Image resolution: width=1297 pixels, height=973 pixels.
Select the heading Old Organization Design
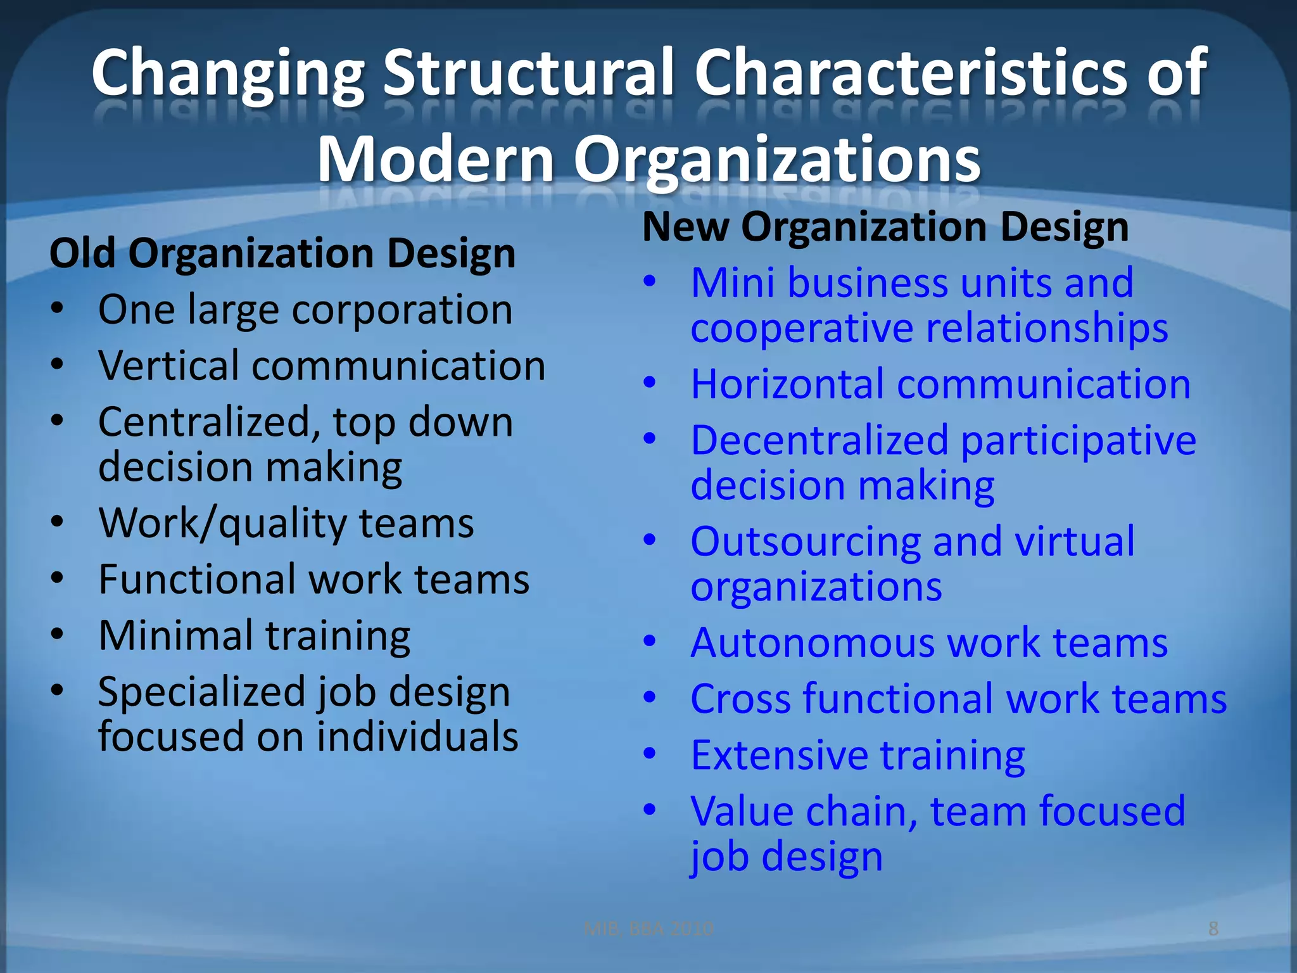(x=282, y=253)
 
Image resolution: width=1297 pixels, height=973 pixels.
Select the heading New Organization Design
(x=885, y=227)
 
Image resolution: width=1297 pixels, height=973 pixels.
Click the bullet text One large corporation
(x=305, y=310)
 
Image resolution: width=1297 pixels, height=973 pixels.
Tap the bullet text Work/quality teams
(x=286, y=523)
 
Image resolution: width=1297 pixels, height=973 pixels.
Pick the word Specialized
(x=207, y=692)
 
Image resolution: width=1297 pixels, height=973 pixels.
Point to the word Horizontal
(x=787, y=384)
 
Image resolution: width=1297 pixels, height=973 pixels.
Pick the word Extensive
(x=778, y=755)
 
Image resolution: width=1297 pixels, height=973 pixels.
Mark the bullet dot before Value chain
(x=650, y=810)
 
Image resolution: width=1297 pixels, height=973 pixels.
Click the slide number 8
(x=1213, y=929)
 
